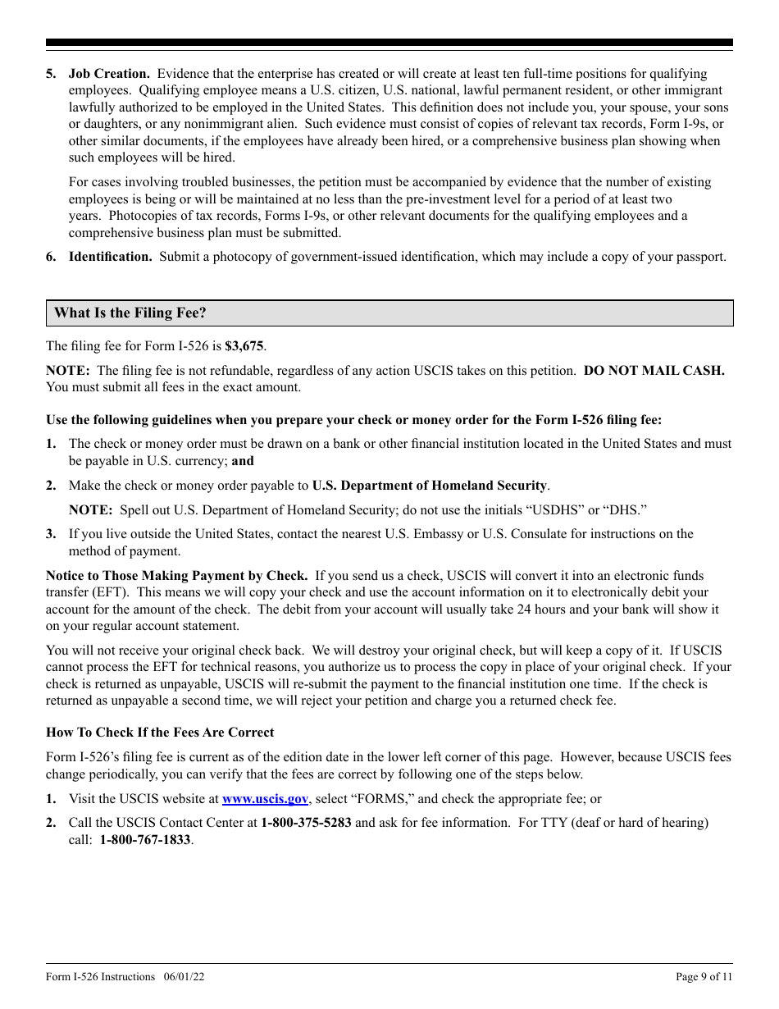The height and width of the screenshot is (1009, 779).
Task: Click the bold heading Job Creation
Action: coord(109,74)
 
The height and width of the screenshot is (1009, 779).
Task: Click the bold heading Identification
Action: coord(110,257)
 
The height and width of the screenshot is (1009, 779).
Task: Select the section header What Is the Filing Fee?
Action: coord(130,313)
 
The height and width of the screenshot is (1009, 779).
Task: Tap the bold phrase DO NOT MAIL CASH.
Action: coord(654,371)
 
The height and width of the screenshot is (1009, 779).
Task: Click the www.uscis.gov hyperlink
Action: coord(265,799)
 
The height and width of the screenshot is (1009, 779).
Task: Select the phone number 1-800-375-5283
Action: coord(306,823)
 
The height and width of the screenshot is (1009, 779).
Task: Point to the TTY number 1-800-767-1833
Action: coord(145,840)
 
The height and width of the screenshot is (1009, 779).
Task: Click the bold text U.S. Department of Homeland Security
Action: coord(430,486)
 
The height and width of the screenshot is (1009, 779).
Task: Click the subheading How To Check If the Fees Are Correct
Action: coord(160,733)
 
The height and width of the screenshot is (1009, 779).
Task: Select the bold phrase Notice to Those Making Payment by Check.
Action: coord(176,576)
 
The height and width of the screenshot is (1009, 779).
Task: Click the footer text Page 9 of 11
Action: coord(704,977)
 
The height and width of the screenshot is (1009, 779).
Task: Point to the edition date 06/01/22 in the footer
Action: coord(184,977)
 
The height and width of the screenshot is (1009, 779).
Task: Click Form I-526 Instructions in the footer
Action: coord(100,977)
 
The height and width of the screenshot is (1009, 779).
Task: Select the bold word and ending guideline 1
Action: coord(243,461)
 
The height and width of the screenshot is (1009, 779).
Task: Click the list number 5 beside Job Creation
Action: coord(51,74)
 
